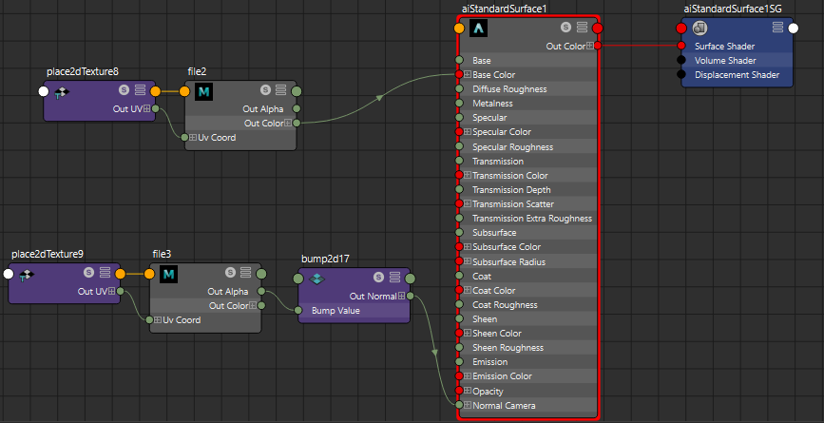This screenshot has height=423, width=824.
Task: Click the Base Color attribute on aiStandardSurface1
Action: (493, 74)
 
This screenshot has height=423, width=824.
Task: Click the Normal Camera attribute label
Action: (504, 406)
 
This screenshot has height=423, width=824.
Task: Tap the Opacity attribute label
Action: (488, 392)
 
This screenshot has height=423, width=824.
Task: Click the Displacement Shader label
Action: (737, 74)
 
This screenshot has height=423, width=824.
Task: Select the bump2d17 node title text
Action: (325, 259)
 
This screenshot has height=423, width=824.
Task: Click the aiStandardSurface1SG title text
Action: (732, 9)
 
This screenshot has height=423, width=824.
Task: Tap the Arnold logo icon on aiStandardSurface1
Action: (479, 28)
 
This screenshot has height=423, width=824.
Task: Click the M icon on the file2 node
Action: (203, 92)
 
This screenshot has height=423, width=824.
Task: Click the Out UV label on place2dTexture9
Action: (92, 292)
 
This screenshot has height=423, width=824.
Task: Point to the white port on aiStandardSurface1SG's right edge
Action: (794, 29)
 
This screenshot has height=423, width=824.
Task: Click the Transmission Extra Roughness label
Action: (532, 218)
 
